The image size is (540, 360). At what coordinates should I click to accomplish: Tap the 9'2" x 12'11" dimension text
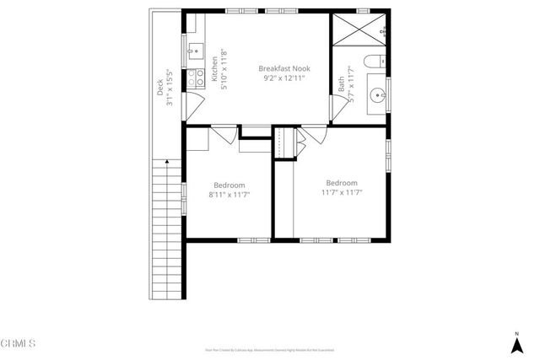coord(281,78)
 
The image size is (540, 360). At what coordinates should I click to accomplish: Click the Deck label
coord(160,87)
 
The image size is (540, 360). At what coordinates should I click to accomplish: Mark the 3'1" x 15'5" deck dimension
coord(170,82)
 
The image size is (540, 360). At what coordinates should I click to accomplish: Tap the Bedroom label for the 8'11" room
coord(229,185)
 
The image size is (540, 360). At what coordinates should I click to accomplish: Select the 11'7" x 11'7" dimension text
coord(342,192)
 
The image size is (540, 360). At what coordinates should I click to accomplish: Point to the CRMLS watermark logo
coord(19,343)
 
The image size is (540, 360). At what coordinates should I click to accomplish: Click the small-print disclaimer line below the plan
coord(269,349)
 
